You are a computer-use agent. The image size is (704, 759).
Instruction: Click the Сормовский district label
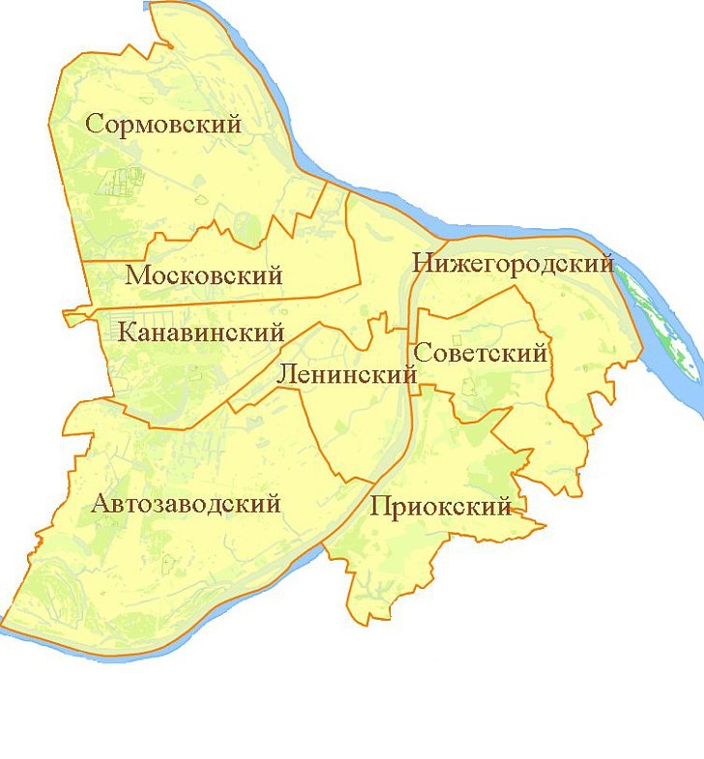click(x=162, y=124)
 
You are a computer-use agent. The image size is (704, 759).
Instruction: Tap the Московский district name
click(x=204, y=276)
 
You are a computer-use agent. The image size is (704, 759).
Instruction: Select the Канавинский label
click(x=201, y=334)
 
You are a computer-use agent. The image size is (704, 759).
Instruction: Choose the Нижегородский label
click(x=513, y=263)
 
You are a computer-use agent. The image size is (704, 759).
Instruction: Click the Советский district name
click(x=481, y=354)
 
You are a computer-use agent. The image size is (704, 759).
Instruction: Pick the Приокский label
click(x=440, y=507)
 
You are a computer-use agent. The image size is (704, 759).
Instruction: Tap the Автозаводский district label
click(x=187, y=504)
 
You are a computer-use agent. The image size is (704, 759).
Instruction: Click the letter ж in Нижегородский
click(x=454, y=264)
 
